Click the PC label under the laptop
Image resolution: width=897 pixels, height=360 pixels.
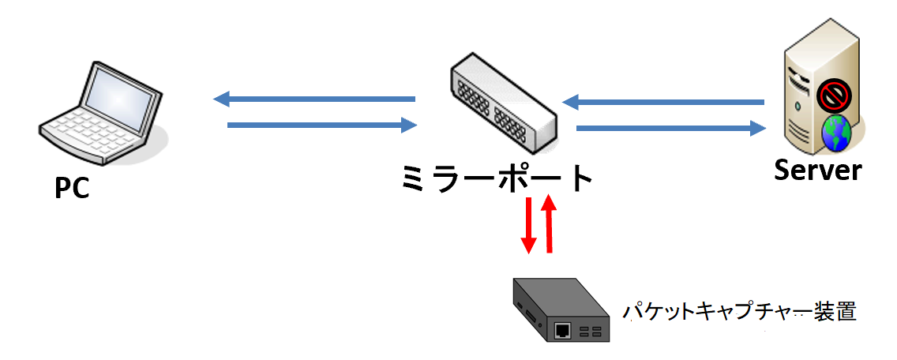coord(72,188)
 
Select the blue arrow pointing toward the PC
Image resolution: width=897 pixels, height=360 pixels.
coord(314,99)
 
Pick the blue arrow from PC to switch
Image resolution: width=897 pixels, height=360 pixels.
coord(322,125)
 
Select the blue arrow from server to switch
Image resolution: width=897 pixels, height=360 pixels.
coord(663,103)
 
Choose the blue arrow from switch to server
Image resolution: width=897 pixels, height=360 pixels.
coord(671,128)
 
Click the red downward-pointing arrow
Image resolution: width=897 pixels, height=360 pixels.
coord(528,226)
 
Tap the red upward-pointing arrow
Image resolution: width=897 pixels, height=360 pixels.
coord(550,223)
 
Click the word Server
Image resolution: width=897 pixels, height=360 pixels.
coord(817,171)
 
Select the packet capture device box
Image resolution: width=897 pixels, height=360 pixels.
coord(561,309)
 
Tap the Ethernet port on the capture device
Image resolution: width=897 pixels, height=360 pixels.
coord(563,330)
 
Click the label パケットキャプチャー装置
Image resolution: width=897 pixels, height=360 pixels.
coord(740,312)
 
